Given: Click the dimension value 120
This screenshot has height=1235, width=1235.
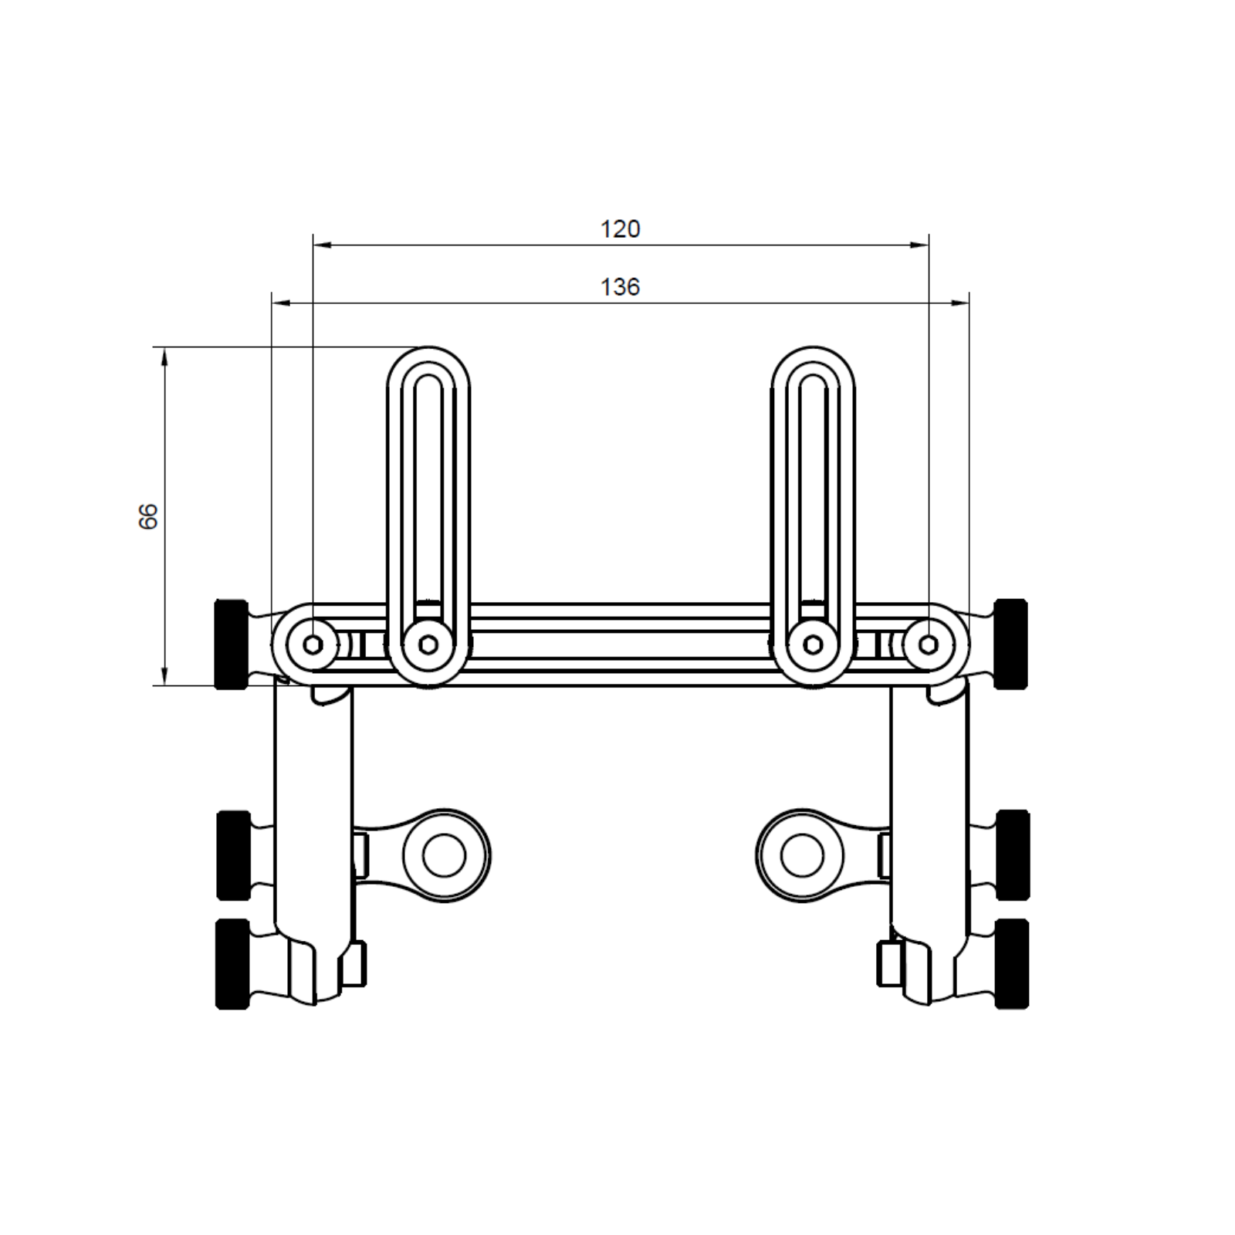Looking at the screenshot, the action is click(x=621, y=229).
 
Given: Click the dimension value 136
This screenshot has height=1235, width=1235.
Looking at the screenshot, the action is click(x=621, y=287).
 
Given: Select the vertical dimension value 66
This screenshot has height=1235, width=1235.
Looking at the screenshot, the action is click(x=148, y=516).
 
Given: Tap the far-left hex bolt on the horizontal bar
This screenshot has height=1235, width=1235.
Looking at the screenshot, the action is click(x=313, y=645).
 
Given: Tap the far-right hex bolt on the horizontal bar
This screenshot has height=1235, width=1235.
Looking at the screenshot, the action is click(x=929, y=645).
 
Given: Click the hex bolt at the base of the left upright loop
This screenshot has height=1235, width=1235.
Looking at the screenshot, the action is click(x=428, y=645).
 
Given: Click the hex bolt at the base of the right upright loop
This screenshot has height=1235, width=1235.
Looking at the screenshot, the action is click(x=812, y=645).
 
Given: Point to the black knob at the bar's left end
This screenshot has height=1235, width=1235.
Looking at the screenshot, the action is click(x=231, y=644).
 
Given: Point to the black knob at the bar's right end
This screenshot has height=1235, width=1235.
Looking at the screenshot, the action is click(x=1011, y=644).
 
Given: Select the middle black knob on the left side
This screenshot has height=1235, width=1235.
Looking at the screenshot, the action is click(x=233, y=855).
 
